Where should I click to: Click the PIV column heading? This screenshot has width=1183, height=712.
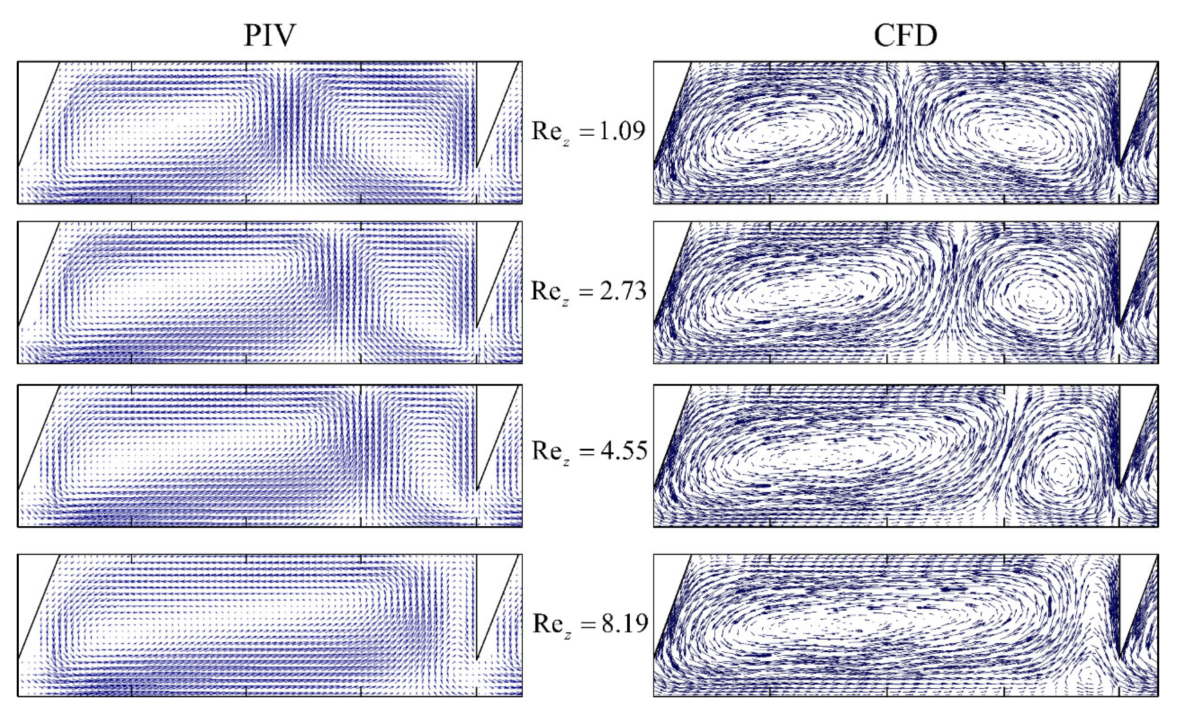pos(269,35)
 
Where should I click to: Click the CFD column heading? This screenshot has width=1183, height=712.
pos(905,35)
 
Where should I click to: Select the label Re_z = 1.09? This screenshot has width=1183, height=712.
pos(588,132)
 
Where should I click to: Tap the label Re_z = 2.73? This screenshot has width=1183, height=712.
pos(588,292)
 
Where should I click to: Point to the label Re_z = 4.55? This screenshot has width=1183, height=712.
pos(589,451)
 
